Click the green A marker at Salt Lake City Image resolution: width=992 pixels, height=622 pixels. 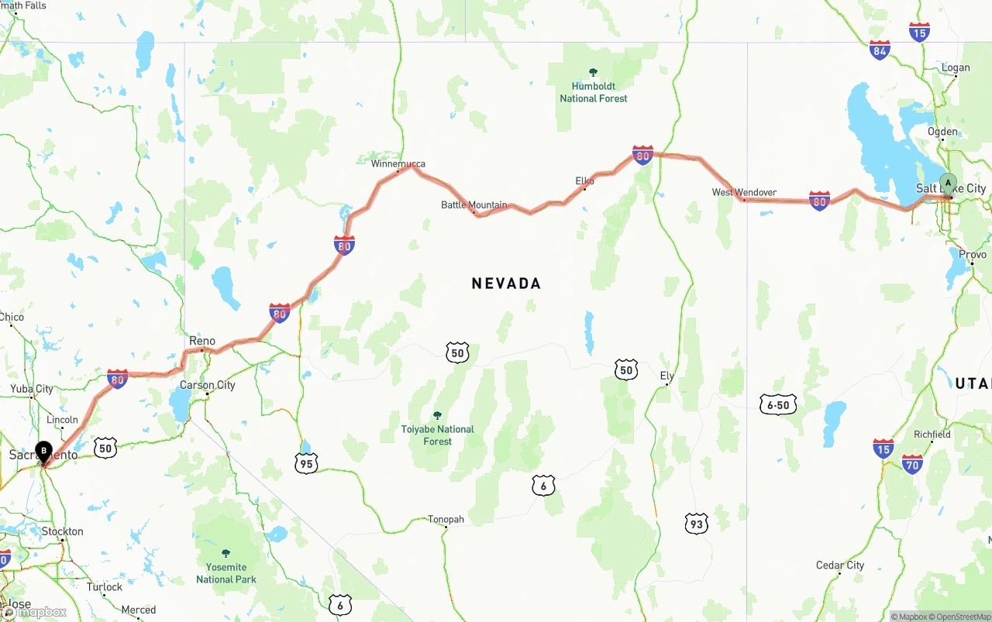pos(948,184)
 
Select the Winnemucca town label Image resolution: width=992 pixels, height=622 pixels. pos(398,164)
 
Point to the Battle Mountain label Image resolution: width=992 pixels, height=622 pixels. pos(474,205)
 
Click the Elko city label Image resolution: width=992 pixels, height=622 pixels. pos(584,181)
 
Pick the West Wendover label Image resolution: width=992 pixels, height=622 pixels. pos(744,192)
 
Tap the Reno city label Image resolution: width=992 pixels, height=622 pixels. pos(202,341)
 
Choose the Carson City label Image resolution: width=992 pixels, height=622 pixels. pos(207,385)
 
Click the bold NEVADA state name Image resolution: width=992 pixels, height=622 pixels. pos(506,284)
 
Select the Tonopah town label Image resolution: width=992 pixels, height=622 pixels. pos(446,519)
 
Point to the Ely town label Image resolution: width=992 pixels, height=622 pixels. pos(666,376)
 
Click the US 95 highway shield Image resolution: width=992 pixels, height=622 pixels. pos(306,463)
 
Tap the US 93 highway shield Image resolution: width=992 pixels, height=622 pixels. pos(696,524)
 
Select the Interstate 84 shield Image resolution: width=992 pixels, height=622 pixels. pos(880,50)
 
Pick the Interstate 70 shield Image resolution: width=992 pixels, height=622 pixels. pos(912,464)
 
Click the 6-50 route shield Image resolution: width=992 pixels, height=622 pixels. pos(778,404)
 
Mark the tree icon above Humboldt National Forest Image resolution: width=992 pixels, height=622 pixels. pos(594,72)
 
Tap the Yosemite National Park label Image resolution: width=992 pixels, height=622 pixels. pos(226,573)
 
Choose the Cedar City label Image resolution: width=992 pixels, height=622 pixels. pos(839,565)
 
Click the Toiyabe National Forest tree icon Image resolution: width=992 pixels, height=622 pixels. pos(437,415)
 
